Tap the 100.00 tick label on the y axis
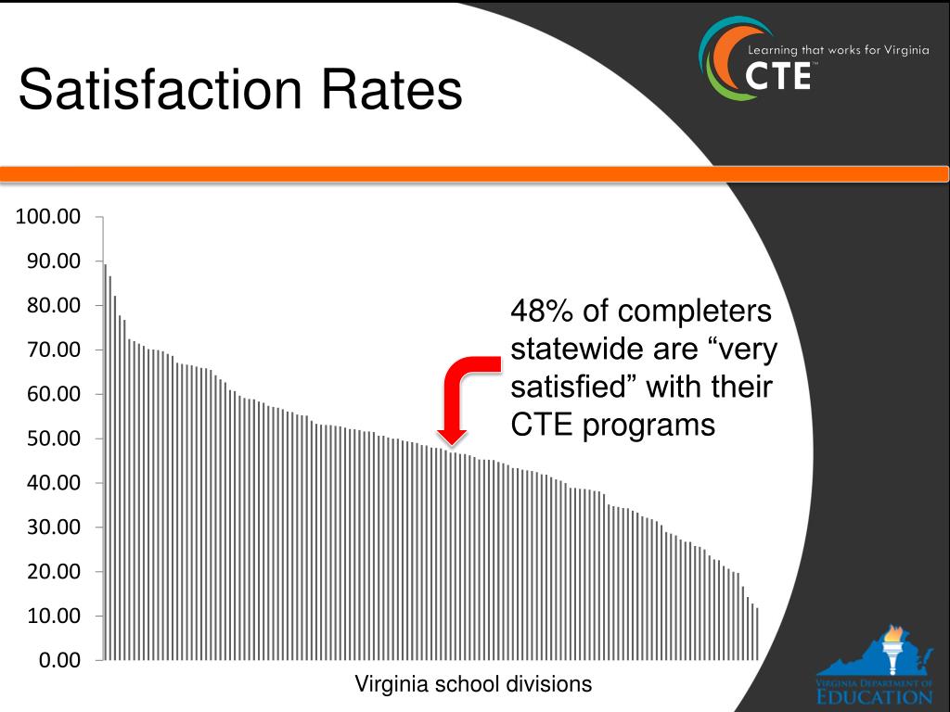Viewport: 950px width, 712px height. tap(48, 217)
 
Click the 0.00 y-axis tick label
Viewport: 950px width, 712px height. tap(60, 660)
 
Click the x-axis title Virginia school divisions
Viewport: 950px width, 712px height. tap(473, 685)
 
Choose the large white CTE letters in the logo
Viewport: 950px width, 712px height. tap(778, 76)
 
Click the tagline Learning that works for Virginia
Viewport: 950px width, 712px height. tap(838, 51)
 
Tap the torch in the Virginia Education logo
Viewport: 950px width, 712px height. tap(893, 647)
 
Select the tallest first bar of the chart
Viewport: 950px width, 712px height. tap(105, 464)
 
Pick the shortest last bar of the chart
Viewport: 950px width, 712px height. tap(757, 634)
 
